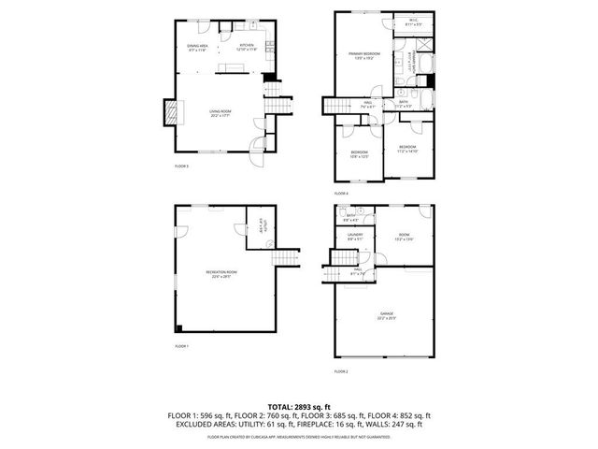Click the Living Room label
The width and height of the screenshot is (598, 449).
tap(221, 115)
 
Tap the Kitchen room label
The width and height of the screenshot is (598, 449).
tap(247, 47)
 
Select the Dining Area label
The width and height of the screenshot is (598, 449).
tap(197, 47)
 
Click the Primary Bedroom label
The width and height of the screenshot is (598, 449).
tap(363, 55)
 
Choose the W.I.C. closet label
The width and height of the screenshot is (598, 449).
tap(413, 22)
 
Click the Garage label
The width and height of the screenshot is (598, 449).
tap(386, 315)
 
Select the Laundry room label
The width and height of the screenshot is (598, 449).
tap(354, 238)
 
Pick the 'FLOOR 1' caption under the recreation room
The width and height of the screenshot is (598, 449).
tap(181, 347)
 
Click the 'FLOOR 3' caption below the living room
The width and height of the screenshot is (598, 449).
tap(181, 167)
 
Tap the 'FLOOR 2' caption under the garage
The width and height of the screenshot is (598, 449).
tap(341, 372)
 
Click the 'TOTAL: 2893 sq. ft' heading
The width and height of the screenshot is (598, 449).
tap(299, 405)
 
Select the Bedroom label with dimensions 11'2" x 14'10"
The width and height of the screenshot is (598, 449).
tap(407, 149)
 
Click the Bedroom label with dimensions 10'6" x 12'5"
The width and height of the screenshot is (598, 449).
tap(360, 153)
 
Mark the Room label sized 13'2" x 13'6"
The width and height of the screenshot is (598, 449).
tap(403, 238)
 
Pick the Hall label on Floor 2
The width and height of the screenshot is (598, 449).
tap(356, 273)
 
